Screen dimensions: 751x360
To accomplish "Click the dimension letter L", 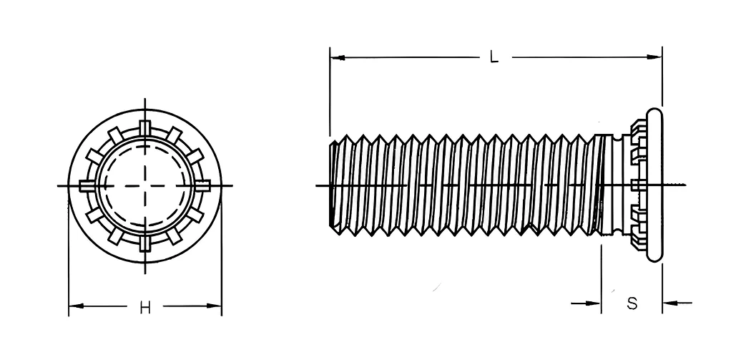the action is [x=494, y=57].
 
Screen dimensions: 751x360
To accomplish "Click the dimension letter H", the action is [x=145, y=308].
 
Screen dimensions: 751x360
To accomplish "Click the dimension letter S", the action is [x=632, y=303].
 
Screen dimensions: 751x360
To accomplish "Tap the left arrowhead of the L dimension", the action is [x=338, y=57].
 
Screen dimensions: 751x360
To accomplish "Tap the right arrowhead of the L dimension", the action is [x=654, y=57].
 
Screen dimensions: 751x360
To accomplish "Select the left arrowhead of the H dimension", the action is [x=76, y=306].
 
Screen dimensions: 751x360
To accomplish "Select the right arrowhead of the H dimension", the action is [x=214, y=306].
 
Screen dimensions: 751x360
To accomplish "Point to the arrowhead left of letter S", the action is [x=593, y=303].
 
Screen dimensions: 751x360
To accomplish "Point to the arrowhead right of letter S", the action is [x=670, y=303].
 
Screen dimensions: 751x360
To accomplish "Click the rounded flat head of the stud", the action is [x=654, y=185].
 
